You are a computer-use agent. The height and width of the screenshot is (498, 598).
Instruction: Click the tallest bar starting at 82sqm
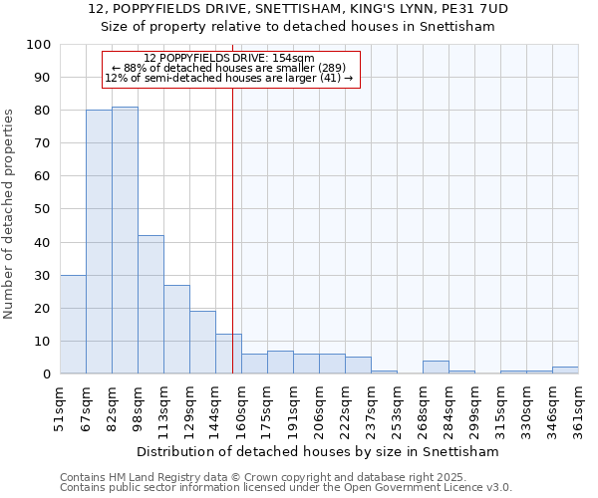tap(125, 240)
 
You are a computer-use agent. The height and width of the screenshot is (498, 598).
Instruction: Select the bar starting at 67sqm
tap(99, 242)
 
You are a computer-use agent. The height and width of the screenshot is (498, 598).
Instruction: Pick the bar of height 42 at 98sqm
tap(150, 305)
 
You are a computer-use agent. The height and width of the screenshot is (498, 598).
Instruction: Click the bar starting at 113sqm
tap(176, 329)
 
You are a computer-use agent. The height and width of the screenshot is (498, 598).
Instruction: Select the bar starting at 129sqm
tap(202, 342)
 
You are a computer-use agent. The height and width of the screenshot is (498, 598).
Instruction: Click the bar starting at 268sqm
tap(436, 368)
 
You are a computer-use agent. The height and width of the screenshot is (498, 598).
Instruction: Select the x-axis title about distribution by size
tap(319, 451)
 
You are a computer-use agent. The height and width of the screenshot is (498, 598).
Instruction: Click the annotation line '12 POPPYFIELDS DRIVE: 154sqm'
tap(229, 58)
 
